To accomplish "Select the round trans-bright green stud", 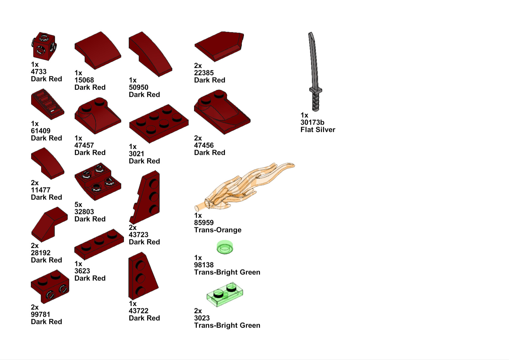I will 225,247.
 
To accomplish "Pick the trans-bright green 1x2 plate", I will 225,294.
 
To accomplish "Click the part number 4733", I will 39,72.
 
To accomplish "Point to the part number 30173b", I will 312,122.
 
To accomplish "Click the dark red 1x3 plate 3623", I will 99,244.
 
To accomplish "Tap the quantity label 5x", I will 78,204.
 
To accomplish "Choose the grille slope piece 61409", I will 47,104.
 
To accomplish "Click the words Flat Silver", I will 318,130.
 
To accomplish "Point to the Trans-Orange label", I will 218,230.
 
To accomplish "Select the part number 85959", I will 204,223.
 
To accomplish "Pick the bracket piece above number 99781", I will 50,286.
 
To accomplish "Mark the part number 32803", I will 84,212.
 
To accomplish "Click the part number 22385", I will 204,73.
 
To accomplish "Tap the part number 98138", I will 204,265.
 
